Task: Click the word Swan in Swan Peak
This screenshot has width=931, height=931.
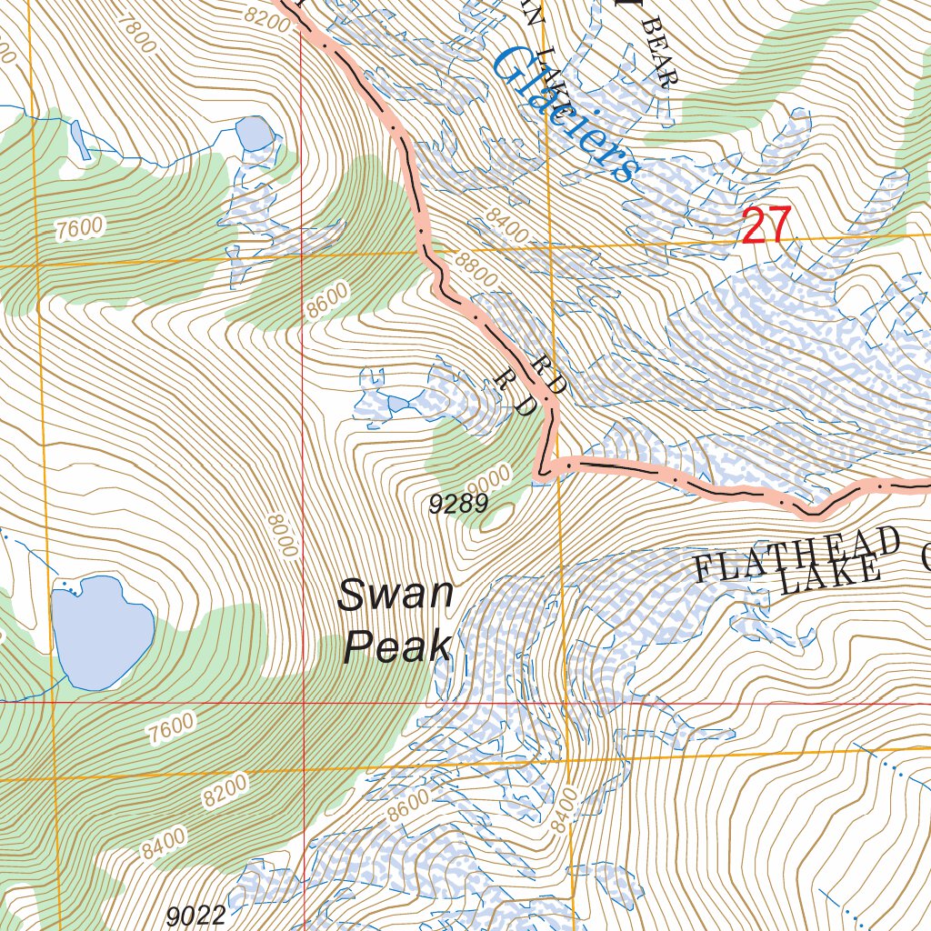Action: point(395,596)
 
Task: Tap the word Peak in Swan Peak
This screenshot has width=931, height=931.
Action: point(397,647)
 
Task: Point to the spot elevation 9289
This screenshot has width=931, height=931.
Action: point(458,505)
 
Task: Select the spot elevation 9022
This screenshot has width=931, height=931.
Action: point(196,915)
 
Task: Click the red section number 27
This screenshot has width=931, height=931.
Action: point(766,226)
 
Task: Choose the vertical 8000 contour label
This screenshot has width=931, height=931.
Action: point(282,536)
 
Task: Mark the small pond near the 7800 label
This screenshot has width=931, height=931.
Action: point(254,135)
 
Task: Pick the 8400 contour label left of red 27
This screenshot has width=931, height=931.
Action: point(506,224)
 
